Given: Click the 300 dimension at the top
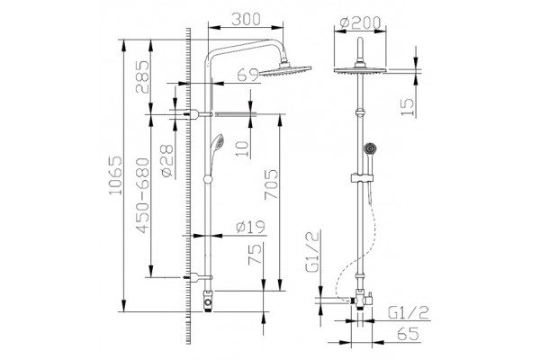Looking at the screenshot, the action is [246, 20].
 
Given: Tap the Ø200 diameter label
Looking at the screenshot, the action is [360, 22].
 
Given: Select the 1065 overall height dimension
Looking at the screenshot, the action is [115, 175].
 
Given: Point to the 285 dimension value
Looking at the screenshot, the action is [142, 77].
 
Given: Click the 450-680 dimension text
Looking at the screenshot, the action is [142, 195].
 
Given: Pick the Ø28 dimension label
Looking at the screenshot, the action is [167, 161].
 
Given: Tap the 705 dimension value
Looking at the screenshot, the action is [271, 184].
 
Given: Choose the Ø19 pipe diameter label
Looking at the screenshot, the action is [251, 227].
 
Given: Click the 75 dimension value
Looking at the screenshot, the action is [256, 254].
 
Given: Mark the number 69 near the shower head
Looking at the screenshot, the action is [248, 75].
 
